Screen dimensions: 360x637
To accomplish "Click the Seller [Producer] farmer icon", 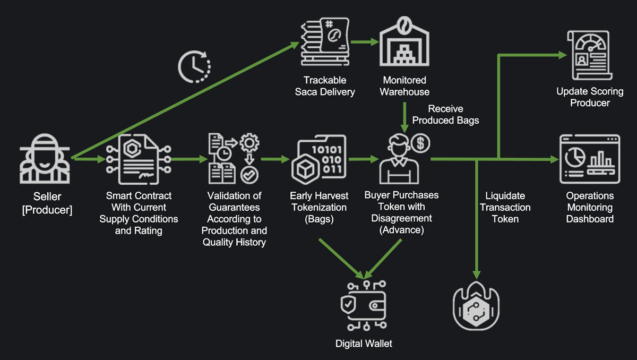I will (x=46, y=159).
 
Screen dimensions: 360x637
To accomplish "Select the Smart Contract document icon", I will (x=137, y=158).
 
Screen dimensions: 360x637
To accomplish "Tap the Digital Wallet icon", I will (x=364, y=306).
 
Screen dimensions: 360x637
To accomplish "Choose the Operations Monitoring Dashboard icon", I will (x=589, y=159).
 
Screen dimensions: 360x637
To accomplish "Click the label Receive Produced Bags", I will (x=445, y=115).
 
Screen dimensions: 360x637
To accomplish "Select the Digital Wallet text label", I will (x=364, y=344).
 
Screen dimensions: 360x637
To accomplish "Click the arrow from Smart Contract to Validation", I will (x=189, y=158).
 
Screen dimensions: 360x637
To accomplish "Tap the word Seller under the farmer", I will (x=47, y=197).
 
